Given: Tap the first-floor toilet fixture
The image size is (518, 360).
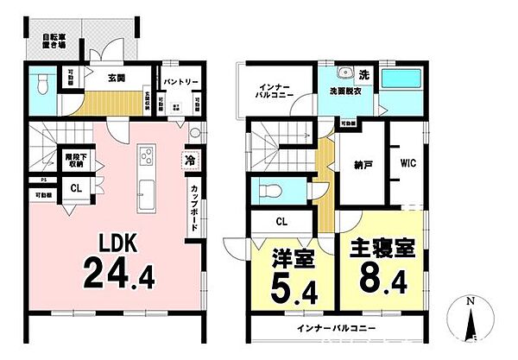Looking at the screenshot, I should pos(43,85).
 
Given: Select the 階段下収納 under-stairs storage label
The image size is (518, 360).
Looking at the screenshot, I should pos(75,160).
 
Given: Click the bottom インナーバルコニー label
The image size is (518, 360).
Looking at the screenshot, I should pos(337,330).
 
